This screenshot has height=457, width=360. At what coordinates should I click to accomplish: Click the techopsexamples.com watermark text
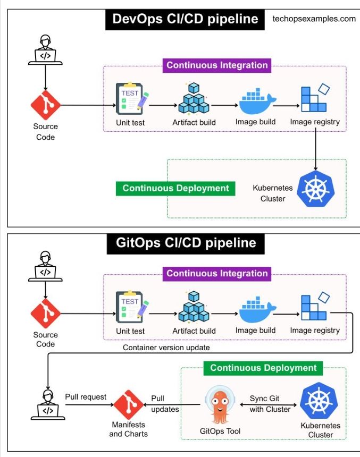pyautogui.click(x=314, y=19)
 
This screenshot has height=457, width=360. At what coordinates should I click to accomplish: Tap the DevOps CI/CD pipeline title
pyautogui.click(x=185, y=19)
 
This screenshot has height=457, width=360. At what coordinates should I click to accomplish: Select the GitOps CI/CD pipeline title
pyautogui.click(x=185, y=243)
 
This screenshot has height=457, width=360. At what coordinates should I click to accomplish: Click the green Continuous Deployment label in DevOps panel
pyautogui.click(x=175, y=188)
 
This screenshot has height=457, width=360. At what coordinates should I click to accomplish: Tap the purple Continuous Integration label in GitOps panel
pyautogui.click(x=216, y=274)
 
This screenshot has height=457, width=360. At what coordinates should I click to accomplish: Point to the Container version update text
pyautogui.click(x=166, y=348)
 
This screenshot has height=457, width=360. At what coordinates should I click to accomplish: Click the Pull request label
pyautogui.click(x=86, y=397)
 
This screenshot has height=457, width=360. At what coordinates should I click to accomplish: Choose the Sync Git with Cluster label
pyautogui.click(x=270, y=404)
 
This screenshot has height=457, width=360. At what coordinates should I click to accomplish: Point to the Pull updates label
pyautogui.click(x=165, y=404)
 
